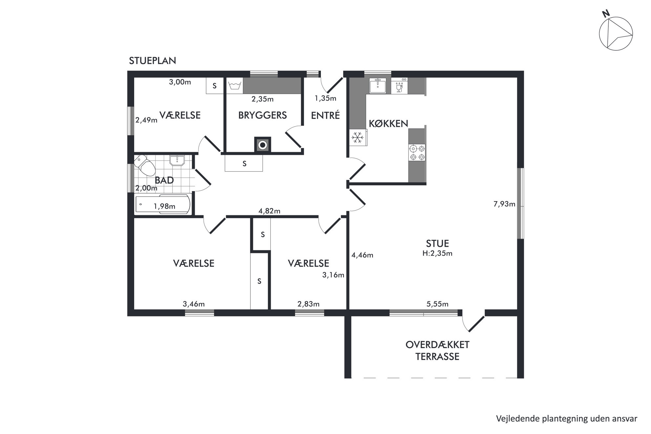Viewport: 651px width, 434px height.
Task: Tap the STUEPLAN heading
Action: [153, 61]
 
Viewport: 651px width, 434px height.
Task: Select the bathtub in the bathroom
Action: [163, 204]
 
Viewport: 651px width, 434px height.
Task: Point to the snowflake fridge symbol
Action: [358, 137]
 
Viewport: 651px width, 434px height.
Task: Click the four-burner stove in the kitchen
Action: [417, 153]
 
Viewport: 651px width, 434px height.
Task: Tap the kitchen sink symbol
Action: [378, 86]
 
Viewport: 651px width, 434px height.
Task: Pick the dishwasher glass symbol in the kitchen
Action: [399, 86]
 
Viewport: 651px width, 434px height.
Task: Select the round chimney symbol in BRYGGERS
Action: [262, 145]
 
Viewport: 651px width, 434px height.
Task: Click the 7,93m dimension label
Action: [504, 204]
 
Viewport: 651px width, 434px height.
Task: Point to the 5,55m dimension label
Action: [437, 304]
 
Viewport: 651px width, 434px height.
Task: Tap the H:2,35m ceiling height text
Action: [437, 253]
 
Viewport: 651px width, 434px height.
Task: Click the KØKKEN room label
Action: [388, 123]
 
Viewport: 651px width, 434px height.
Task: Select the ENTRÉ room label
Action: [325, 115]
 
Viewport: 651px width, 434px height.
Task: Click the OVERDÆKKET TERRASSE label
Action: [437, 350]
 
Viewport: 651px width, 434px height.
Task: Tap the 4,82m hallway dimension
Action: [269, 211]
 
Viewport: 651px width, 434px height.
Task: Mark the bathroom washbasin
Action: [177, 160]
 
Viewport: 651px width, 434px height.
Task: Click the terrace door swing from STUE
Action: [473, 323]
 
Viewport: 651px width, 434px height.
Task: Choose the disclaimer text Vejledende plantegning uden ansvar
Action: [567, 419]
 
